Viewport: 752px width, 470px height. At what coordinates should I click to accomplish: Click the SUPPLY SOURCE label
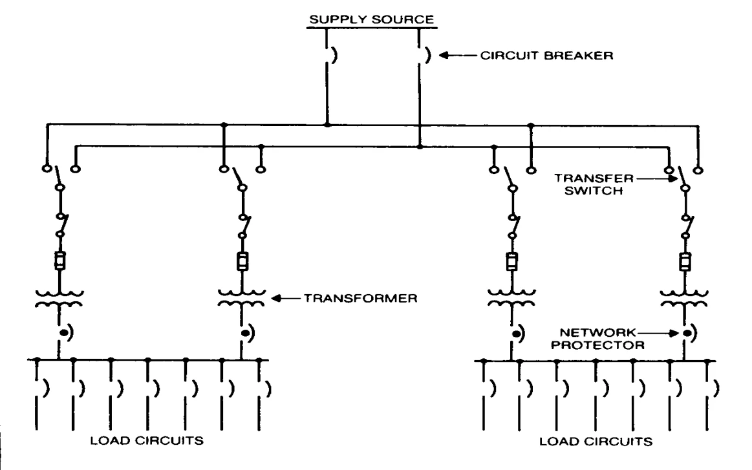click(371, 19)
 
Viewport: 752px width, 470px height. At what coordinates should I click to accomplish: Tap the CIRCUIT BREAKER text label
click(547, 56)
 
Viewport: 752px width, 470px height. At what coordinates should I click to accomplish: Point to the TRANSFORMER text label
click(361, 298)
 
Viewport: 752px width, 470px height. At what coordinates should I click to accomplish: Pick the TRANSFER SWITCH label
click(594, 185)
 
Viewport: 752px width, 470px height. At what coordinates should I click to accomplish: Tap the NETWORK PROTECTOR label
click(597, 339)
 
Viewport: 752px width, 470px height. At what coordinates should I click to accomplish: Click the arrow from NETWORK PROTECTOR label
click(658, 333)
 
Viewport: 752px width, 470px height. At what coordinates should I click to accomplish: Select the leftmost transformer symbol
click(59, 298)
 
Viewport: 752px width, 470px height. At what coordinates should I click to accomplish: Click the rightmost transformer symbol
click(684, 298)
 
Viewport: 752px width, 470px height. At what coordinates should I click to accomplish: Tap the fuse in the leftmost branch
click(59, 261)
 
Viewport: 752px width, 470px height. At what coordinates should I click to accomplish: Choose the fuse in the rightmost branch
click(685, 262)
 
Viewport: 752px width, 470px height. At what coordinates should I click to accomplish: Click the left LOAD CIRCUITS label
click(147, 440)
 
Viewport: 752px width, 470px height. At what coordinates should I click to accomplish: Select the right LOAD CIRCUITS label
click(596, 441)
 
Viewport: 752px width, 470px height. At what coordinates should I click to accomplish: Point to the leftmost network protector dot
click(63, 332)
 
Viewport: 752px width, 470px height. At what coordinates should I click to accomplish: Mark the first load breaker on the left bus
click(44, 388)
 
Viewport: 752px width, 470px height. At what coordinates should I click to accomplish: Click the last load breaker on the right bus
click(714, 388)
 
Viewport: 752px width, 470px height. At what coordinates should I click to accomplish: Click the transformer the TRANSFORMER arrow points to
click(241, 298)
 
